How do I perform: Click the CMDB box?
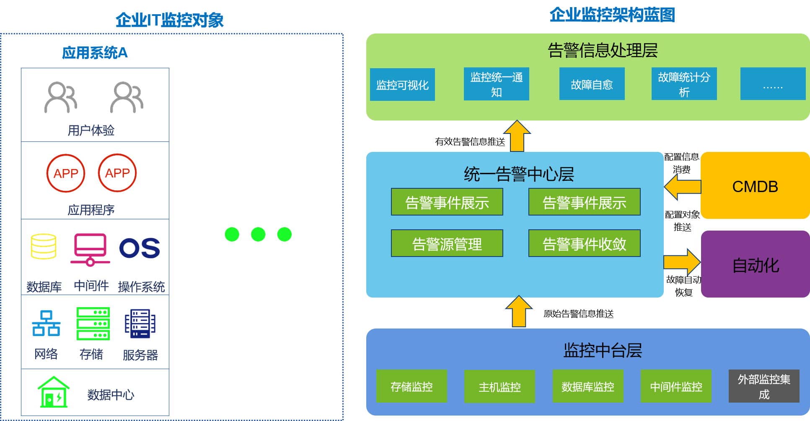pyautogui.click(x=755, y=185)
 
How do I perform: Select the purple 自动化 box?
pyautogui.click(x=755, y=264)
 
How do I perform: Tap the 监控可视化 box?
pyautogui.click(x=402, y=85)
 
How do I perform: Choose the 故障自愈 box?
pyautogui.click(x=592, y=84)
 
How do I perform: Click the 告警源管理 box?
pyautogui.click(x=447, y=243)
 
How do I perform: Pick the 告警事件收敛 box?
pyautogui.click(x=584, y=243)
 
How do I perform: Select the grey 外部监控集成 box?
pyautogui.click(x=763, y=386)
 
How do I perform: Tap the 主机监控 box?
pyautogui.click(x=499, y=386)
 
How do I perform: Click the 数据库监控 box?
pyautogui.click(x=587, y=386)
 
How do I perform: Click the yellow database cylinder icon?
pyautogui.click(x=43, y=246)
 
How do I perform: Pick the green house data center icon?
pyautogui.click(x=53, y=392)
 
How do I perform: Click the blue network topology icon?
pyautogui.click(x=46, y=323)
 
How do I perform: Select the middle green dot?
pyautogui.click(x=258, y=234)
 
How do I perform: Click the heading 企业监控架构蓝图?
pyautogui.click(x=612, y=15)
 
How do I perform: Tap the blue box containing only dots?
pyautogui.click(x=773, y=84)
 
